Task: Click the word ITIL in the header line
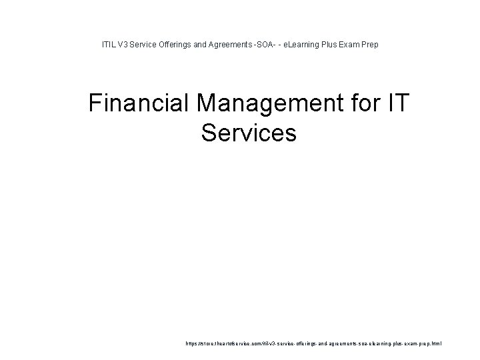108,45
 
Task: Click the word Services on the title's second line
248,133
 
